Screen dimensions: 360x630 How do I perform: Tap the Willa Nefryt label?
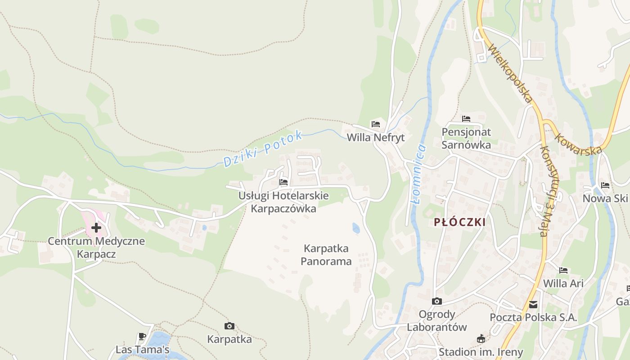(x=376, y=138)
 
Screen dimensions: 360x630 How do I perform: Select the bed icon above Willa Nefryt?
(x=376, y=124)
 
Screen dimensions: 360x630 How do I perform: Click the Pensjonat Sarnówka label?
(x=466, y=138)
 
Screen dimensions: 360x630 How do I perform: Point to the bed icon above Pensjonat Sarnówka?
(x=466, y=119)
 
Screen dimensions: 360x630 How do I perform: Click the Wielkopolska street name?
(x=510, y=73)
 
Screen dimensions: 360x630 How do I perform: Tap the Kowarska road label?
(x=578, y=144)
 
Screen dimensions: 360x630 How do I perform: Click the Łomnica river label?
(x=418, y=173)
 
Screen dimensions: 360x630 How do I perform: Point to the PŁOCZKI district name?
(x=460, y=222)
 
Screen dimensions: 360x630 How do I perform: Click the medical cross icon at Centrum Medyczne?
(x=96, y=228)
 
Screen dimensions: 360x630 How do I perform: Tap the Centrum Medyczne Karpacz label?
(x=96, y=247)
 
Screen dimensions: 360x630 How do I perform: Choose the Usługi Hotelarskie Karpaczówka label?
(x=283, y=202)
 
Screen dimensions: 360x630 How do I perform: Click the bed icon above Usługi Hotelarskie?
(x=283, y=182)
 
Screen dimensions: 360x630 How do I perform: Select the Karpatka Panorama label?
(x=326, y=255)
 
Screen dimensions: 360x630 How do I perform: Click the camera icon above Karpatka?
(x=229, y=326)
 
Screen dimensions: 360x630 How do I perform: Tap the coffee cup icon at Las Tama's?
(x=142, y=336)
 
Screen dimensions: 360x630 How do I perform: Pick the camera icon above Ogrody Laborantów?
(x=436, y=301)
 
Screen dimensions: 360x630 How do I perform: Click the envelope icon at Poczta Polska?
(x=533, y=305)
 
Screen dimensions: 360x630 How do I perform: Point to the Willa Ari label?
(x=563, y=283)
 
